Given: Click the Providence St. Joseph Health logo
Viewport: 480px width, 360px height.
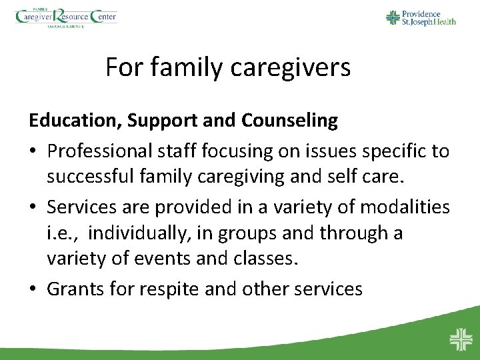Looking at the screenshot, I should [421, 17].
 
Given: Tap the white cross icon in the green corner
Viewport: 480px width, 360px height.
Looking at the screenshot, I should [460, 339].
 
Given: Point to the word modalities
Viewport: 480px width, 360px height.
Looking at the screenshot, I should [406, 207].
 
